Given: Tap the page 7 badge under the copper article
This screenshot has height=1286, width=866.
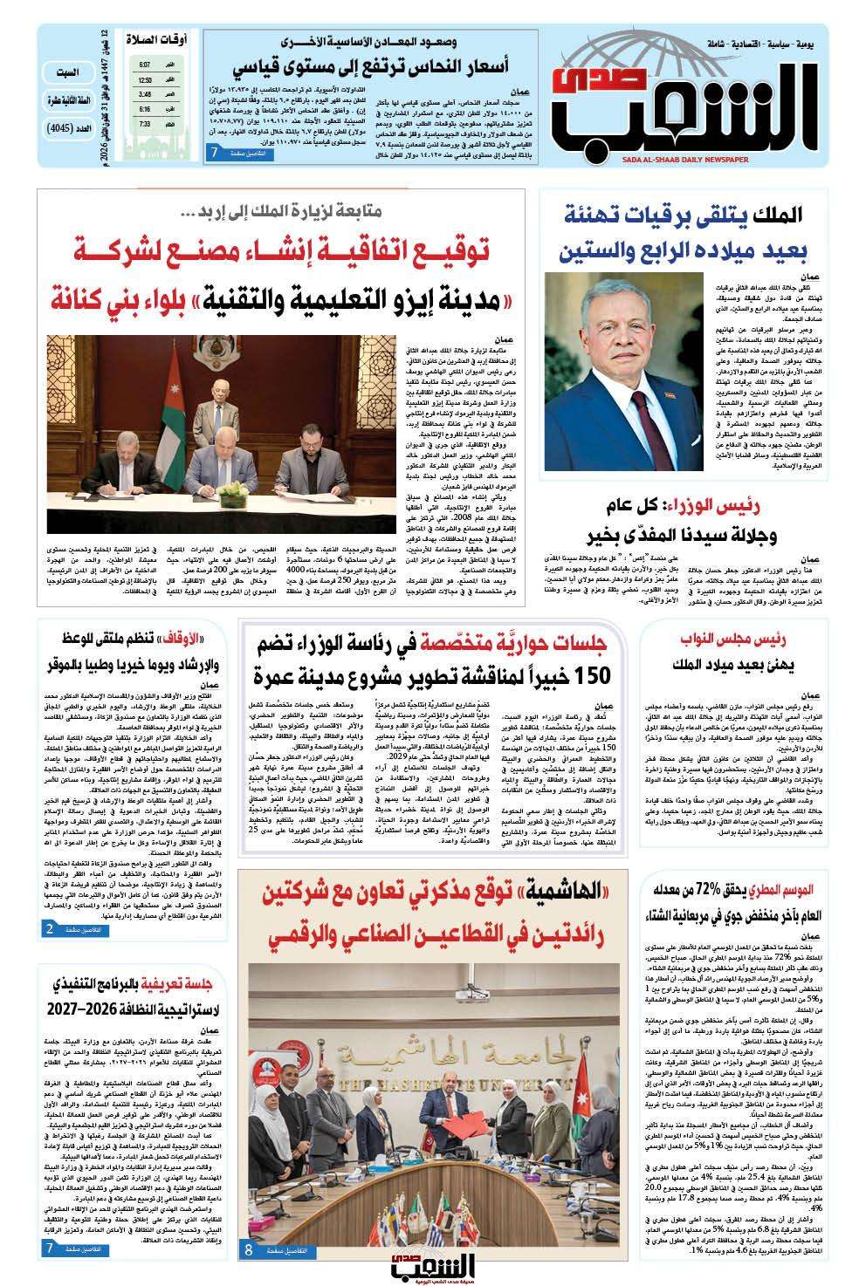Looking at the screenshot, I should click(x=237, y=153).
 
